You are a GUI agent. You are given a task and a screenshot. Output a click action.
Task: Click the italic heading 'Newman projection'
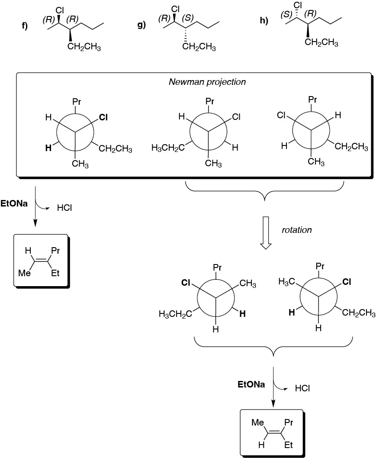tap(207, 82)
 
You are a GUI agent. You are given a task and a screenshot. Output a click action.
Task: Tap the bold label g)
tap(141, 25)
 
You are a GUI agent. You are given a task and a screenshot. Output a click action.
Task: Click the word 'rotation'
tap(297, 230)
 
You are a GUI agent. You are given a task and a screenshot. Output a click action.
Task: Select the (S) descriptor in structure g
tap(188, 18)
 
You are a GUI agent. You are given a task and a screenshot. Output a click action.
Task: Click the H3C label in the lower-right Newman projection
tap(286, 282)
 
